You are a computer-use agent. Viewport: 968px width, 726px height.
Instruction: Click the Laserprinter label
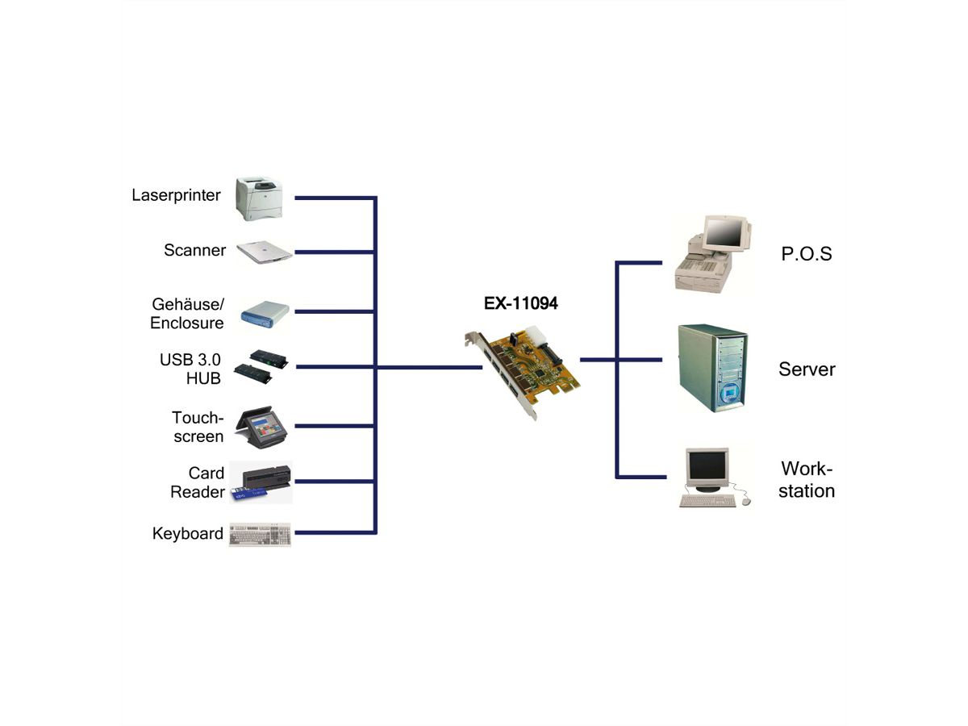(x=176, y=195)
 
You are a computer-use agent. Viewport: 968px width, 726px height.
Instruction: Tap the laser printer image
(x=260, y=198)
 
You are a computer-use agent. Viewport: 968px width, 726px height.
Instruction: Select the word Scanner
(x=194, y=250)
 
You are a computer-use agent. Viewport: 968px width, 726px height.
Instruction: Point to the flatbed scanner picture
(x=264, y=252)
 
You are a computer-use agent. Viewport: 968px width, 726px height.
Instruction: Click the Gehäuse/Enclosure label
(x=187, y=314)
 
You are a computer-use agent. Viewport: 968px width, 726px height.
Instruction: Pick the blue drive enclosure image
(x=265, y=314)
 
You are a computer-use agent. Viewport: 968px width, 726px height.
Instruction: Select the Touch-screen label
(x=198, y=427)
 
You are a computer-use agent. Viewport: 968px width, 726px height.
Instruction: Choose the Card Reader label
(x=197, y=482)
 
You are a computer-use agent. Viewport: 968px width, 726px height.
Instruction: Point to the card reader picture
(x=261, y=482)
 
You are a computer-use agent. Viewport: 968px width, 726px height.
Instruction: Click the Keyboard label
(x=187, y=533)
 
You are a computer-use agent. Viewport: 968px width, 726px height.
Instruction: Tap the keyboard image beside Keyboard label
(x=260, y=534)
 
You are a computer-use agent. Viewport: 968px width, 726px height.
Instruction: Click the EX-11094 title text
(x=520, y=304)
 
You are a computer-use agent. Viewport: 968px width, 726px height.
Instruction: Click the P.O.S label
(x=806, y=254)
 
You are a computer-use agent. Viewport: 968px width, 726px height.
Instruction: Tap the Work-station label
(x=806, y=480)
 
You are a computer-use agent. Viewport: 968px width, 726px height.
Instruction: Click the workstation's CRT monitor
(x=707, y=468)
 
